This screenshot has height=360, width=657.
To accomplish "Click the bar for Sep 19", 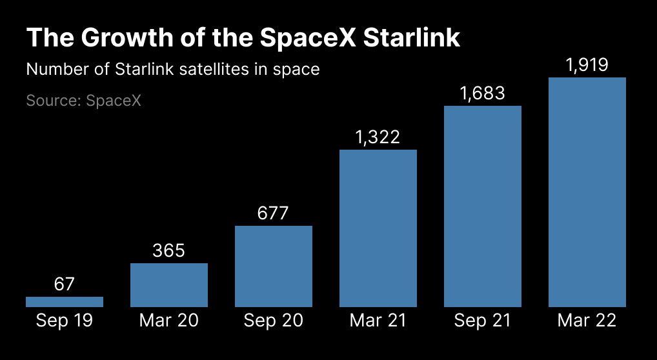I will click(x=65, y=301).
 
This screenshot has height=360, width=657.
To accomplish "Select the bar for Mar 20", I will click(x=169, y=285).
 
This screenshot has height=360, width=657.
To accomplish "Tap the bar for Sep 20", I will click(x=274, y=266).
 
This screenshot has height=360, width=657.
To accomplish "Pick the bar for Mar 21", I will click(x=378, y=228).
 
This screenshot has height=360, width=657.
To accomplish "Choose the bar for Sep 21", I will click(x=483, y=206).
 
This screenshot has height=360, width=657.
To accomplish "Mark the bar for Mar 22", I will click(x=587, y=192).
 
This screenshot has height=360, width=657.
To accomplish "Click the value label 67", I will click(x=65, y=284).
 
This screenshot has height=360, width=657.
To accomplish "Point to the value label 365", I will click(x=169, y=250).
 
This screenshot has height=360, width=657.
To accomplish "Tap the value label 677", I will click(x=274, y=213).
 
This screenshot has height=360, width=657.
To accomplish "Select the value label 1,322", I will click(x=378, y=137).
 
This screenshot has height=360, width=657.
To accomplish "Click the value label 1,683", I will click(x=483, y=94).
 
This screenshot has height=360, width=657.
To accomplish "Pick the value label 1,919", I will click(x=587, y=65).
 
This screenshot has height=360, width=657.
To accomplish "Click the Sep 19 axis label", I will click(x=65, y=321).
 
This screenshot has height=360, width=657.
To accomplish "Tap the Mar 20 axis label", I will click(x=169, y=321).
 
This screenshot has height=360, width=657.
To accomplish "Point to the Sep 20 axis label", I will click(x=274, y=321).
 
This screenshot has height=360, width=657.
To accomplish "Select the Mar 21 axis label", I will click(x=378, y=321).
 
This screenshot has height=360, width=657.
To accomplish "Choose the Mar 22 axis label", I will click(x=587, y=321).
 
